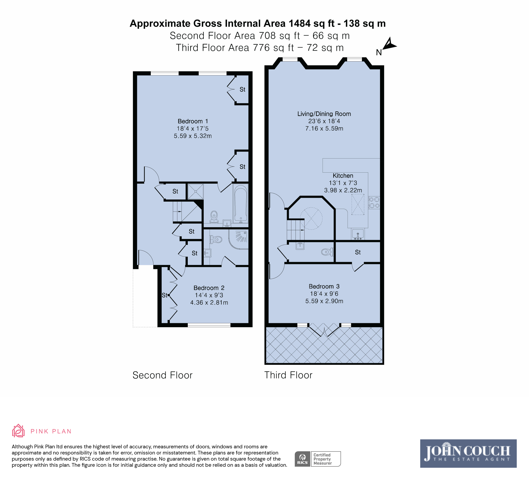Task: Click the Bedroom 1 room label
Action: pyautogui.click(x=193, y=121)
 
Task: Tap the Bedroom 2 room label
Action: pyautogui.click(x=209, y=288)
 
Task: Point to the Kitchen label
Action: pyautogui.click(x=343, y=176)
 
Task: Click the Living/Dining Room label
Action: pyautogui.click(x=324, y=114)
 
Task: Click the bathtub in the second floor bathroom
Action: pyautogui.click(x=241, y=203)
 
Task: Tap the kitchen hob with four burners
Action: pyautogui.click(x=374, y=202)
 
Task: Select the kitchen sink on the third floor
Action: pyautogui.click(x=358, y=234)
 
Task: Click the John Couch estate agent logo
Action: pyautogui.click(x=468, y=453)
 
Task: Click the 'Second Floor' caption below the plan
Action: pyautogui.click(x=162, y=375)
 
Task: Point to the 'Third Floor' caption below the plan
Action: pyautogui.click(x=288, y=375)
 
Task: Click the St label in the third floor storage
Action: pyautogui.click(x=358, y=252)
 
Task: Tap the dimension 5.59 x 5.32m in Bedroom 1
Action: pyautogui.click(x=193, y=136)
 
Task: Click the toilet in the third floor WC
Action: pyautogui.click(x=327, y=252)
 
